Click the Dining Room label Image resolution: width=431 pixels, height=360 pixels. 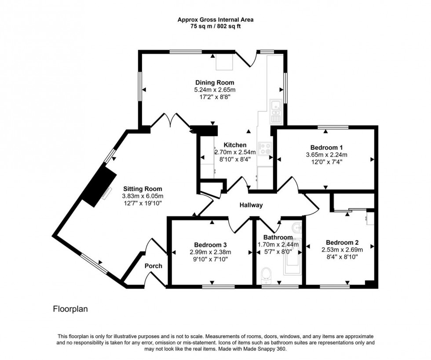point(215,83)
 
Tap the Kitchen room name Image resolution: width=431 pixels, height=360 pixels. point(235,145)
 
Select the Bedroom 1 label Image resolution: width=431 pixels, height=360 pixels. point(326,147)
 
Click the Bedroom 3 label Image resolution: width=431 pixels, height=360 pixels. point(210,245)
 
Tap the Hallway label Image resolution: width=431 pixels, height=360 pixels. point(251,205)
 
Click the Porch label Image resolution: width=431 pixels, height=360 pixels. point(153,266)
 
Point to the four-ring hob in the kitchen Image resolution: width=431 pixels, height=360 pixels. point(265,149)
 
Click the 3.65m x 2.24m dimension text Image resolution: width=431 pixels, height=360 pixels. point(326,155)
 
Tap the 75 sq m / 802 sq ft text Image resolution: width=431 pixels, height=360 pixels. point(215,26)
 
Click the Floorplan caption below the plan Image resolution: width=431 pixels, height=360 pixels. point(70,309)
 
